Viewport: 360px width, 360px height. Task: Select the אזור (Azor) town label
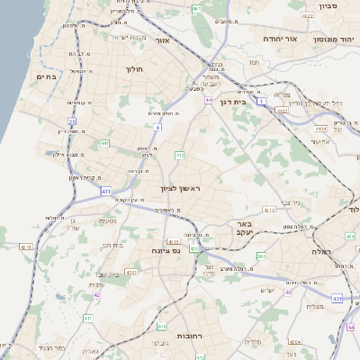pos(162,40)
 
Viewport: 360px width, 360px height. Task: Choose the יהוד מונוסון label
pos(331,40)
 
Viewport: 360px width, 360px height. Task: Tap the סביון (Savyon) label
pos(327,6)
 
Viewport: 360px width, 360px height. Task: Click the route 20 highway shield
pos(71,120)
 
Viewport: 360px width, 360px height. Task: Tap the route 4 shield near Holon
pos(156,129)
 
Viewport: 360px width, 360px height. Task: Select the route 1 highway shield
pos(261,103)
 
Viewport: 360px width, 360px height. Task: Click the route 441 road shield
pos(104,142)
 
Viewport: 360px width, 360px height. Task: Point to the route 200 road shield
pos(261,256)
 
